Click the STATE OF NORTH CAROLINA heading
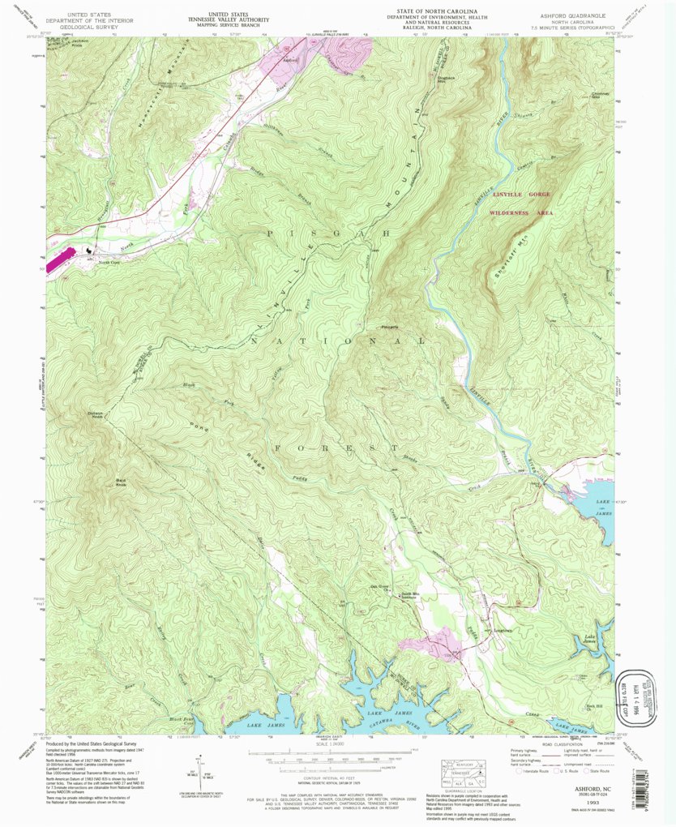point(419,11)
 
